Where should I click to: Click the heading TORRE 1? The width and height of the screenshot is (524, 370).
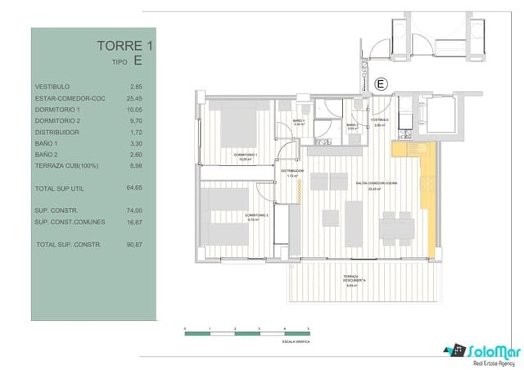tap(124, 46)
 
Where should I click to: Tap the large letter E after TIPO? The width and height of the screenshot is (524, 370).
tap(138, 61)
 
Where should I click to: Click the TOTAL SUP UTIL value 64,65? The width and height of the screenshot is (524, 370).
tap(135, 188)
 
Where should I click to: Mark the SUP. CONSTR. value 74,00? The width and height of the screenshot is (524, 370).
tap(135, 210)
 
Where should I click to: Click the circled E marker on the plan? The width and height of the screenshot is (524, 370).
tap(380, 83)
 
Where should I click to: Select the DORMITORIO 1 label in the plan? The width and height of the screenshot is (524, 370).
tap(246, 156)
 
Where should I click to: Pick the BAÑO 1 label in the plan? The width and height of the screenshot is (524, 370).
tap(299, 122)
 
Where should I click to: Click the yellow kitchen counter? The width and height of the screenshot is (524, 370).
tap(426, 196)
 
